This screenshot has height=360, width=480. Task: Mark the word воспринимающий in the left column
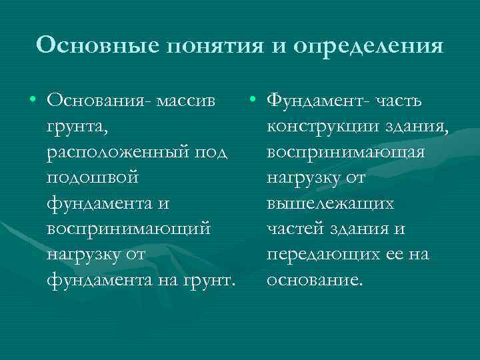coord(129,229)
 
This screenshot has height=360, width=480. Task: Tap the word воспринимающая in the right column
coord(345,152)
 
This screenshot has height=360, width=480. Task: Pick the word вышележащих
coord(330,203)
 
